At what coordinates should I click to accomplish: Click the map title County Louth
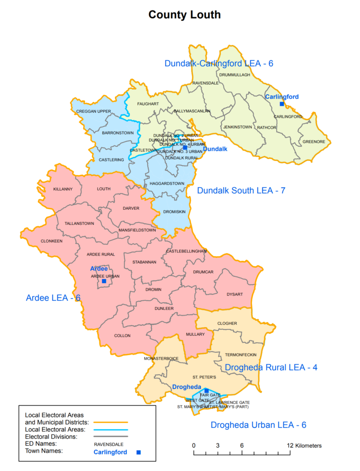[x=184, y=15]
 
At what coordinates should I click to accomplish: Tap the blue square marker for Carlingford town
[x=282, y=104]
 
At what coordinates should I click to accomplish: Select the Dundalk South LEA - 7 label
[x=241, y=190]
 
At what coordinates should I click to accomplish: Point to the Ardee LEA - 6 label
[x=53, y=298]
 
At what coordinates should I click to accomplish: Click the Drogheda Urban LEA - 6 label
[x=259, y=425]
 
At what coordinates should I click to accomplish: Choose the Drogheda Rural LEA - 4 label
[x=271, y=368]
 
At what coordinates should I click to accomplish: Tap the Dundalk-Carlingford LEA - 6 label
[x=219, y=63]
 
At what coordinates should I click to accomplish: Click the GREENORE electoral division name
[x=314, y=142]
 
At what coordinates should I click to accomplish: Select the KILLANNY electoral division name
[x=63, y=189]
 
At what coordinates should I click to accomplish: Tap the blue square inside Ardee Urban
[x=104, y=281]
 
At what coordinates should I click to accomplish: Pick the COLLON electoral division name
[x=122, y=336]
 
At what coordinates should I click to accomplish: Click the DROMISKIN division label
[x=174, y=213]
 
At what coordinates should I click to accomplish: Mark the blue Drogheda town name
[x=187, y=387]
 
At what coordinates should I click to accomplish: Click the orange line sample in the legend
[x=110, y=421]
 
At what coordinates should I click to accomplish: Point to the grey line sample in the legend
[x=110, y=436]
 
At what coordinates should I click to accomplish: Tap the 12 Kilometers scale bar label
[x=304, y=446]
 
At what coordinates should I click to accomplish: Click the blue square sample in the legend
[x=138, y=453]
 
